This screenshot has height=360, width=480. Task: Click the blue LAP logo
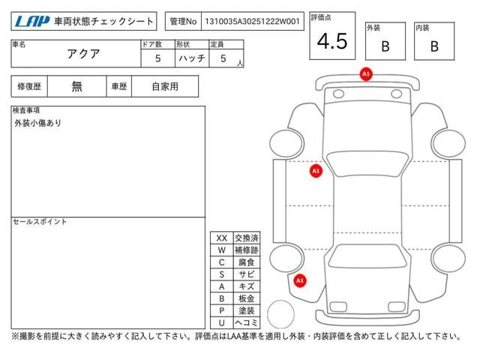coord(32,22)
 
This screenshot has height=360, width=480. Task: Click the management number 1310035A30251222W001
coord(252,22)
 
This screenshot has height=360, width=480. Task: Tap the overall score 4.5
coord(332,41)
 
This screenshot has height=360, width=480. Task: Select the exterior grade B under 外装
coord(385,46)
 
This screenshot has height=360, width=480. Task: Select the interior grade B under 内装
coord(434,46)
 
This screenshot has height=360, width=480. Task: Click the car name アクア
coord(83,54)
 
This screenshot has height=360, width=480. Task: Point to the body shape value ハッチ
coord(192,58)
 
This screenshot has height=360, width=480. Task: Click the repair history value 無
coord(76,86)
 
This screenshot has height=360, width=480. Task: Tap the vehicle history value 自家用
coord(165,87)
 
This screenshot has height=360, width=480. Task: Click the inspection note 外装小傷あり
coord(38,123)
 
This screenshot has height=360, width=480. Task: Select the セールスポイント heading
coord(40,222)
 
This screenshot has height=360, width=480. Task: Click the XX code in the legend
coord(222,238)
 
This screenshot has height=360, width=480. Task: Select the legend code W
coord(222,250)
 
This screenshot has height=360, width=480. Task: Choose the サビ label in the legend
coord(247,274)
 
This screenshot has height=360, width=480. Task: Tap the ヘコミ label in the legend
coord(247,322)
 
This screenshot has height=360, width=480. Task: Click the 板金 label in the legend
coord(247,298)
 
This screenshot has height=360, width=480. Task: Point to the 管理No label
coord(183,22)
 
